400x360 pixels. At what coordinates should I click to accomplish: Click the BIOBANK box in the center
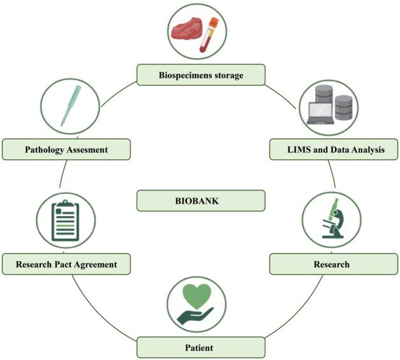click(x=200, y=201)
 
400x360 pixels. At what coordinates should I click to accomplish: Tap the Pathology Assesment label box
click(x=67, y=150)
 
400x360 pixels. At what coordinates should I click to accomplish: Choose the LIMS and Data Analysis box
click(x=334, y=150)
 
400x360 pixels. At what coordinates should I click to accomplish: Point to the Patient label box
click(x=200, y=348)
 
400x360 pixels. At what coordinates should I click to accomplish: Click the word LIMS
click(x=297, y=150)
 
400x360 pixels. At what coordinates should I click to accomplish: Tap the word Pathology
click(x=47, y=150)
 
